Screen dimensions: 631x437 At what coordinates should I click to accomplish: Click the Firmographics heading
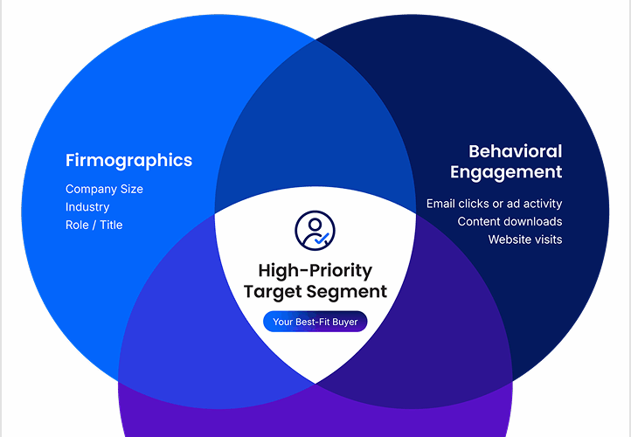128,161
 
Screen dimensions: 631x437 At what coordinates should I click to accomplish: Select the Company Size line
104,189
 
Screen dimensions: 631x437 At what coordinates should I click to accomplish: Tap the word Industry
87,207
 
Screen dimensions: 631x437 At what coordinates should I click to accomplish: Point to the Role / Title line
94,225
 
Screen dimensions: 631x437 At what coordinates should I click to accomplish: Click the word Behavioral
515,152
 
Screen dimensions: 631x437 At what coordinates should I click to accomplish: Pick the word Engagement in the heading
506,173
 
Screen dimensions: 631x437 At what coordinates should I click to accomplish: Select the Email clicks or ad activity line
494,204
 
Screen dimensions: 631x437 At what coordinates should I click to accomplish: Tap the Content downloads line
510,221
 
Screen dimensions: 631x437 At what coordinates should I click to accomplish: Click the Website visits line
525,239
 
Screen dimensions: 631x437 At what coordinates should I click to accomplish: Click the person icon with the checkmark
315,231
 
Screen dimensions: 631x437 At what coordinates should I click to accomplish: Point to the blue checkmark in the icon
322,239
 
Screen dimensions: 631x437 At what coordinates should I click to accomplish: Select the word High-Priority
315,271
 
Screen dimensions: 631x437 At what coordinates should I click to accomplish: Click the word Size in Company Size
132,189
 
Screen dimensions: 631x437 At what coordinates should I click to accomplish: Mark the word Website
506,239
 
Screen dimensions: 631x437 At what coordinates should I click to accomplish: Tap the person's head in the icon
315,224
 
